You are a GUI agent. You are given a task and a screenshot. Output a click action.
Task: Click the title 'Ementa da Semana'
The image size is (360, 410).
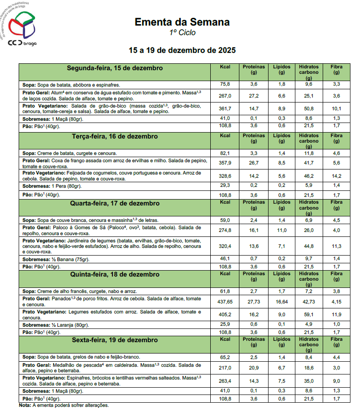[182, 22]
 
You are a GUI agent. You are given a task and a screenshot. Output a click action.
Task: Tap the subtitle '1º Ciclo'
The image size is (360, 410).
[182, 32]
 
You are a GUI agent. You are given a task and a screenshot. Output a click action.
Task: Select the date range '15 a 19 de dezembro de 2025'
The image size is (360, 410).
[182, 50]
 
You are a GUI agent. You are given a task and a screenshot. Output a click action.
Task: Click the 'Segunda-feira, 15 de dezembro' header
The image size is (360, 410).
[115, 68]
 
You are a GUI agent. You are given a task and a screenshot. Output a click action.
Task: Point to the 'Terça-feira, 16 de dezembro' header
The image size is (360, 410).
[115, 136]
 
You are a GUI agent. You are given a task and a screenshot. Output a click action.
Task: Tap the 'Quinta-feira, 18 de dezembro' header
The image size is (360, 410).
[115, 274]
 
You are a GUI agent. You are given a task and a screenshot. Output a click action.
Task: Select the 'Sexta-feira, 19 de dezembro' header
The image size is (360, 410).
[115, 340]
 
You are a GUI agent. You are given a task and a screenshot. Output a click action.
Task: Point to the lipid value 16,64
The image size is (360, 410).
[282, 302]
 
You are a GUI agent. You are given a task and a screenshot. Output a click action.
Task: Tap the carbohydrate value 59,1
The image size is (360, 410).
[309, 314]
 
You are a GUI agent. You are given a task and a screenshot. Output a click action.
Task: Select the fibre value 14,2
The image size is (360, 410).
[336, 175]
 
